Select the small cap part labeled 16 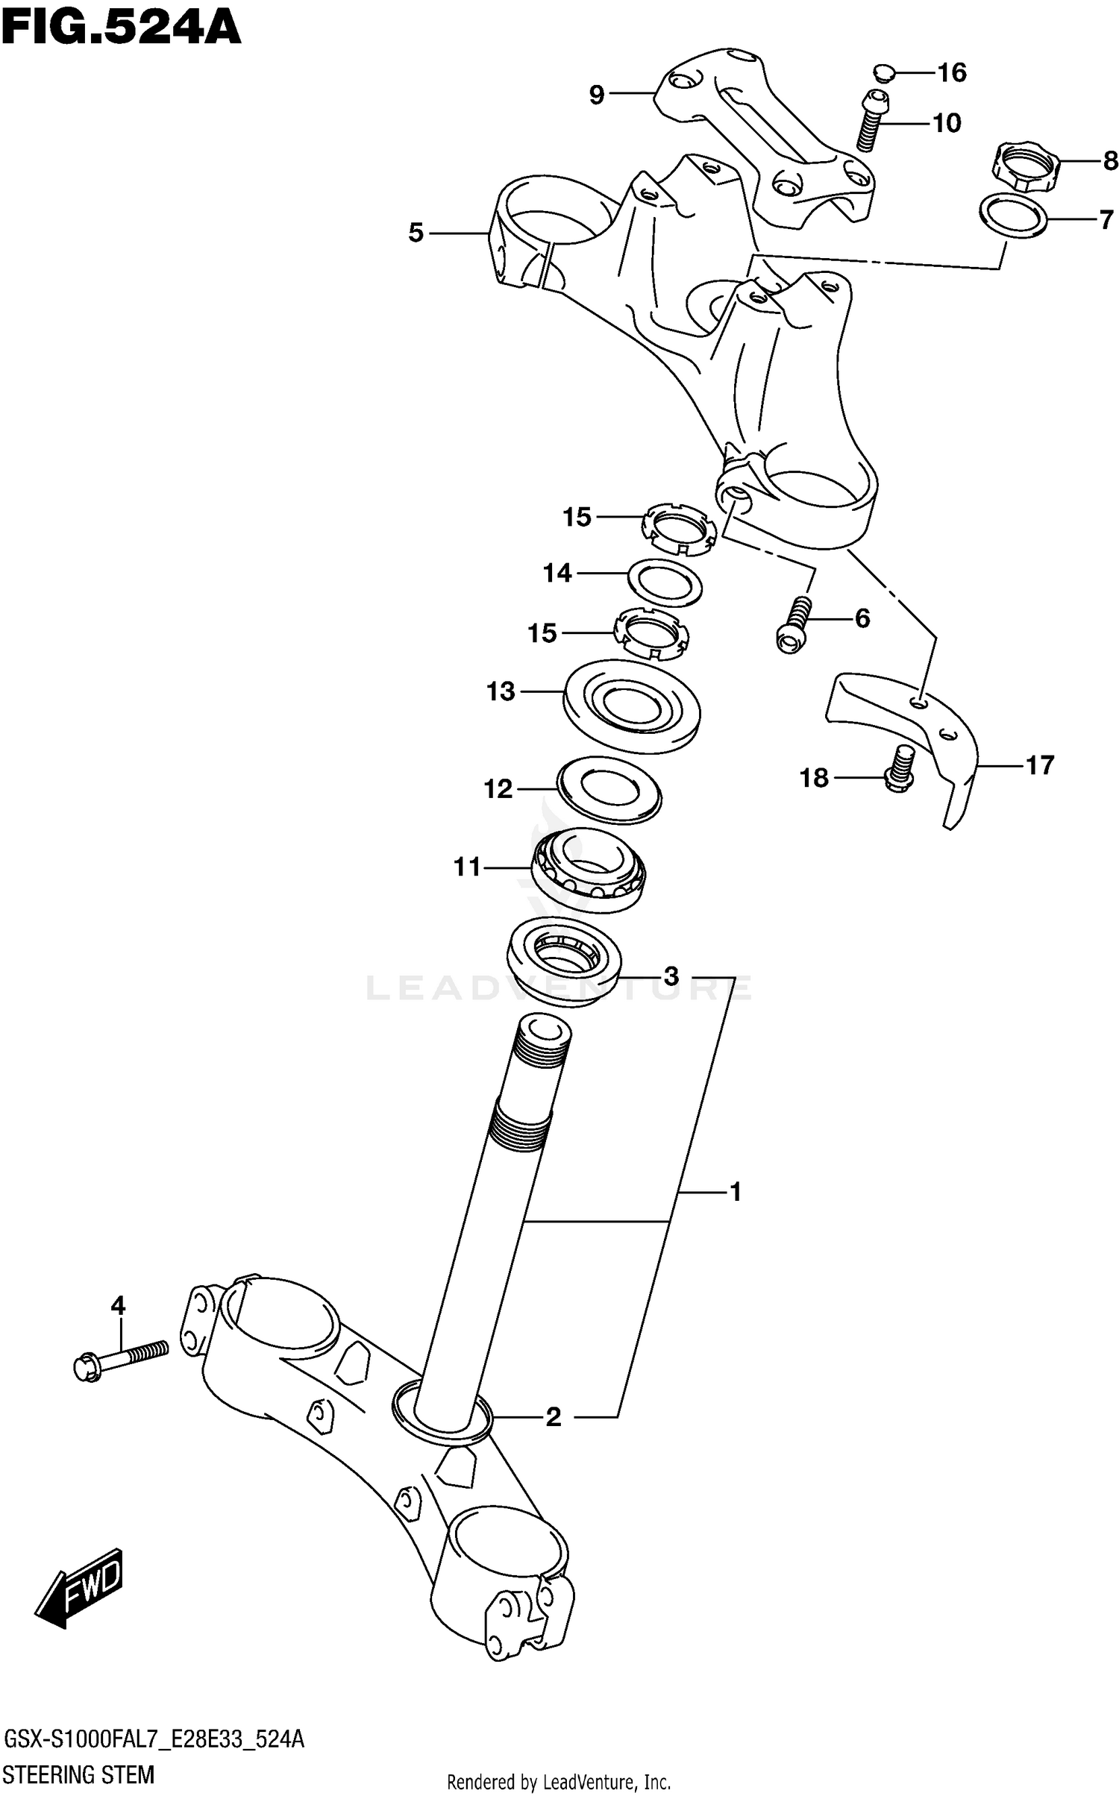883,73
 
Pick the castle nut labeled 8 1024,169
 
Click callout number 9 597,95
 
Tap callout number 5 416,233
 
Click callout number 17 1039,765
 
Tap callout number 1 735,1192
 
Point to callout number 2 553,1416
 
